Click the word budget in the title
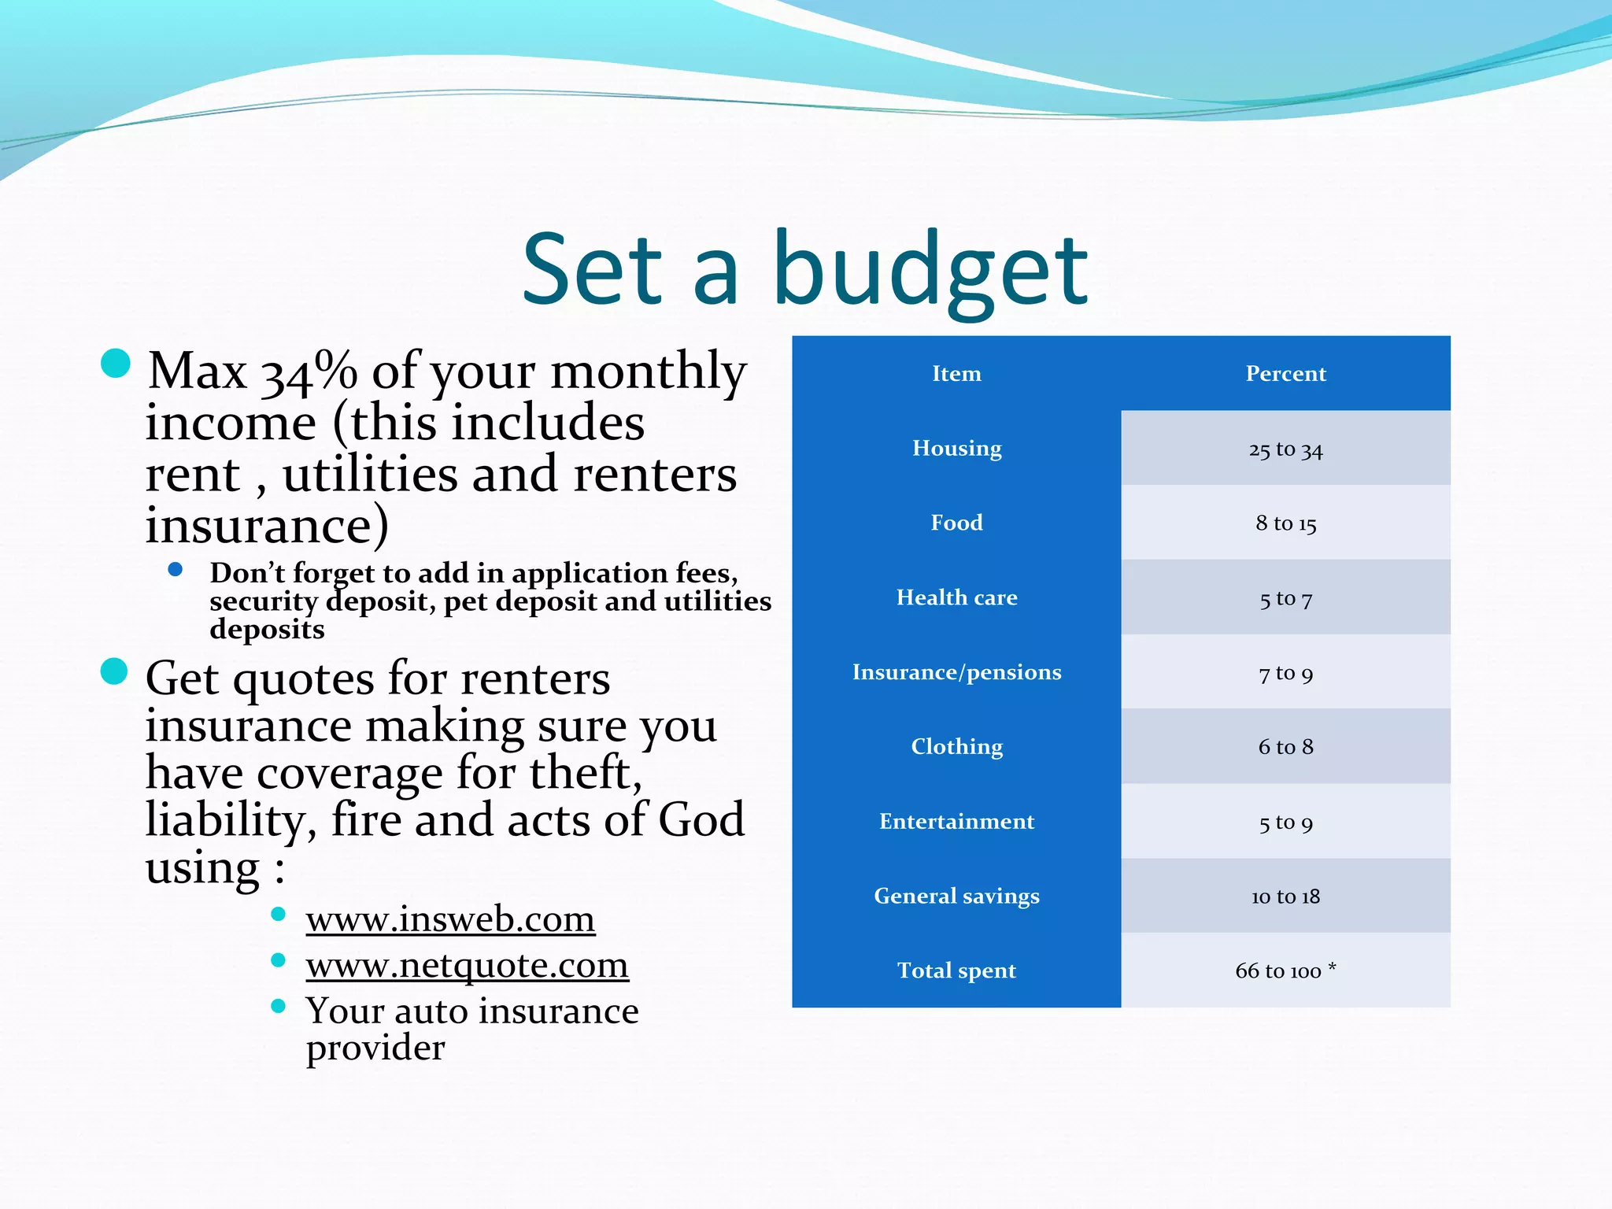coord(930,272)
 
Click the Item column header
coord(956,373)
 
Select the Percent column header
coord(1285,373)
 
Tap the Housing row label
coord(956,448)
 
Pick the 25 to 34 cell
coord(1285,449)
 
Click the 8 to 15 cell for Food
coord(1285,523)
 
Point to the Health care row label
coord(956,597)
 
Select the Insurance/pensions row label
coord(956,672)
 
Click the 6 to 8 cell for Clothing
coord(1285,747)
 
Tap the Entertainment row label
coord(956,822)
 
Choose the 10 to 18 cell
coord(1285,897)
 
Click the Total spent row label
coord(956,971)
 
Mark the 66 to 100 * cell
coord(1285,971)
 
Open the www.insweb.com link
coord(450,919)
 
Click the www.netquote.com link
coord(467,965)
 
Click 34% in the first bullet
coord(309,372)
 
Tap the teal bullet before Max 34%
coord(116,364)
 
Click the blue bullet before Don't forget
coord(176,569)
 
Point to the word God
coord(701,820)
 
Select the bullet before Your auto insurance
coord(278,1006)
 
